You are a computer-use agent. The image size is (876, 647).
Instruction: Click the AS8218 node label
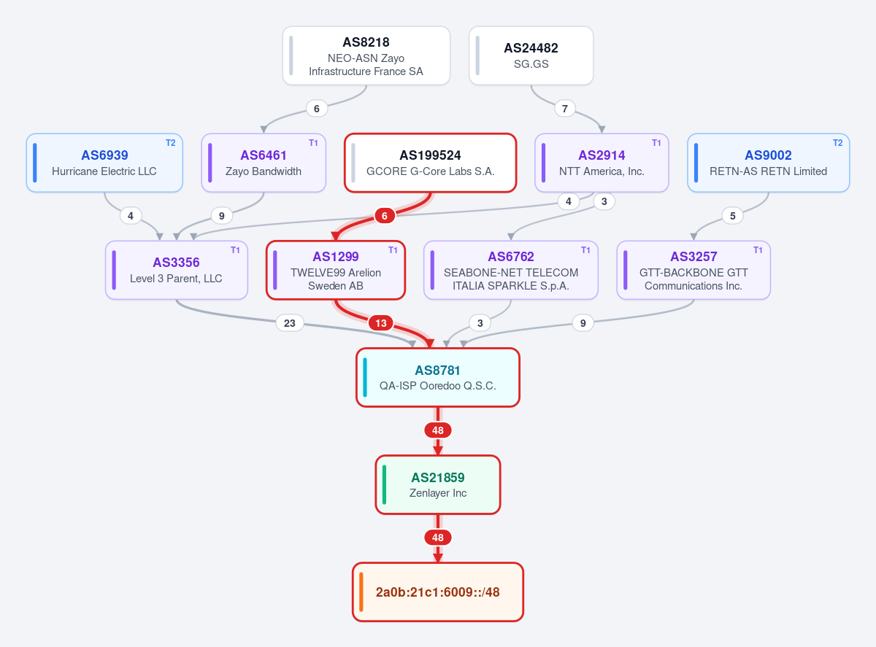tap(366, 42)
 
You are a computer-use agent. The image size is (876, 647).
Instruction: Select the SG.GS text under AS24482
tap(531, 64)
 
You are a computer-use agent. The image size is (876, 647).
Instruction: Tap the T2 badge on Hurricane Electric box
tap(170, 143)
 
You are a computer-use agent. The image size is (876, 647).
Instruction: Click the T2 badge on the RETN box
tap(837, 143)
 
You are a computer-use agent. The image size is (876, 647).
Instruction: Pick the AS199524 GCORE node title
tap(430, 155)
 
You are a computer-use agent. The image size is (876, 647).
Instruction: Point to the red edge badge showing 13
tap(381, 323)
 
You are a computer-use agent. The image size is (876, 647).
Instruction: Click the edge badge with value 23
tap(290, 323)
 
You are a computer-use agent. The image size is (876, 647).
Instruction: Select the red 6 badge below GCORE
tap(384, 215)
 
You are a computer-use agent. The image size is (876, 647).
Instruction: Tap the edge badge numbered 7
tap(565, 109)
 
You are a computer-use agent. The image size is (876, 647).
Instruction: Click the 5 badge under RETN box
tap(733, 215)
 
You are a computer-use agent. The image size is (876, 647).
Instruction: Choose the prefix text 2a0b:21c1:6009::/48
tap(437, 592)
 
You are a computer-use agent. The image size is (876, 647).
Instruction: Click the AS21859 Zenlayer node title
tap(437, 478)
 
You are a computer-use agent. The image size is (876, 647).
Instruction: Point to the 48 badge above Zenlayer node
tap(437, 430)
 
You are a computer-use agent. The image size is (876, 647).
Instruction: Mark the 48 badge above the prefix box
tap(437, 538)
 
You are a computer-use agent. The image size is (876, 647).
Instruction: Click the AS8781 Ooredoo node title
tap(437, 371)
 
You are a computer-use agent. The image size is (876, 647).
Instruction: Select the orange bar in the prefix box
tap(361, 592)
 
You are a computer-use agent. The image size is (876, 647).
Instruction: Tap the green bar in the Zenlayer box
tap(384, 485)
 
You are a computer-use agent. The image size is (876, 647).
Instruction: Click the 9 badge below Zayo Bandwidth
tap(222, 215)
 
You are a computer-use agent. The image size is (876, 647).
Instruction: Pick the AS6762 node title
tap(511, 257)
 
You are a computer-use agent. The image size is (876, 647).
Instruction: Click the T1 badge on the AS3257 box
tap(758, 250)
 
